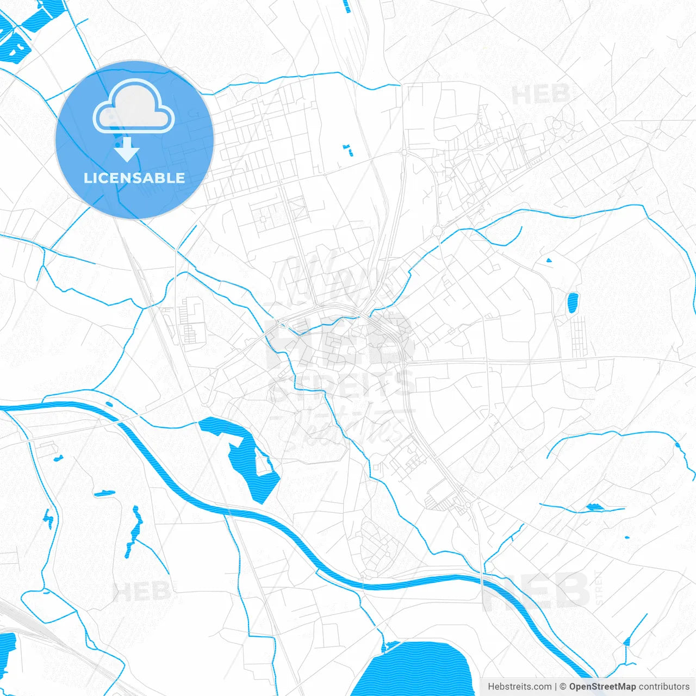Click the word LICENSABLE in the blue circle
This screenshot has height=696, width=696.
[134, 178]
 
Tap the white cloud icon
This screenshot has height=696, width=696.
[134, 107]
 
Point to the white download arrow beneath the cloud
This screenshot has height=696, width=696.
[127, 150]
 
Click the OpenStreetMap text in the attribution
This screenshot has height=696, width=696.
[602, 687]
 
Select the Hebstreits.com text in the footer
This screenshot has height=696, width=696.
[519, 687]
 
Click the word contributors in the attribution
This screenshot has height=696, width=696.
[664, 687]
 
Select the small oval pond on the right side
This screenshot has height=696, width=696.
[572, 303]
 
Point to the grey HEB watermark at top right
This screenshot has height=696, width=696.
[541, 95]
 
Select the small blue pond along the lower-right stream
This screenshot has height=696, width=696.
[594, 507]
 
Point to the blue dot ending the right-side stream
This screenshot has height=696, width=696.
[677, 445]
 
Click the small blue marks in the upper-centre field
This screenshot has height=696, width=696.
[347, 150]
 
